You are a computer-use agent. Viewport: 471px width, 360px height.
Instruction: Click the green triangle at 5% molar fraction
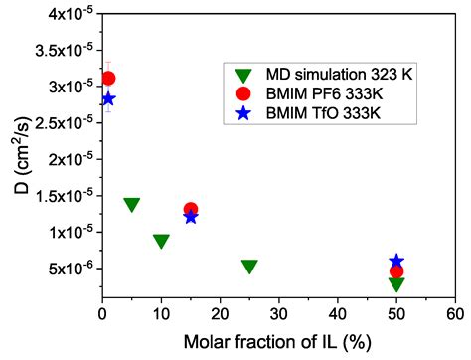(131, 205)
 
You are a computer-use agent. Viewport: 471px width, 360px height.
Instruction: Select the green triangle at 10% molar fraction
(161, 241)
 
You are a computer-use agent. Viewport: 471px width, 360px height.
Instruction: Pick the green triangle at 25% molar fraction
(249, 267)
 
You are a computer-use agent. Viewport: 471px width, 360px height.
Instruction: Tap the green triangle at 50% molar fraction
(396, 284)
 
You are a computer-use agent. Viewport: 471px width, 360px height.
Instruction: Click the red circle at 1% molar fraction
(108, 78)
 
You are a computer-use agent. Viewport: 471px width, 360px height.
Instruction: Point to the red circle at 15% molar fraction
(191, 209)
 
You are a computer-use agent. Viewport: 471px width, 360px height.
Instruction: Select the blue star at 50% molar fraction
(396, 261)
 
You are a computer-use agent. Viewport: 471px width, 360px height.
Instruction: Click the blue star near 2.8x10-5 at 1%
(108, 98)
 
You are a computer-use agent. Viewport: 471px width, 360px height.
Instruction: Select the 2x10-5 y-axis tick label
(62, 159)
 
